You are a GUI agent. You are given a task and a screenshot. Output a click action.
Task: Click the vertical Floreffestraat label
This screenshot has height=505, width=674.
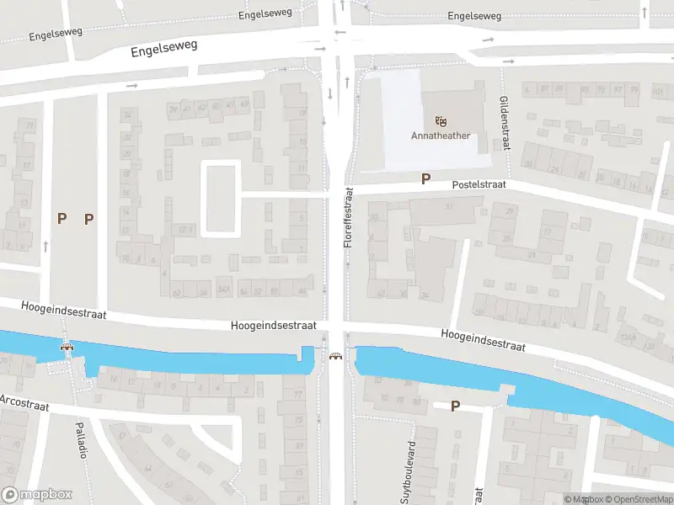point(347,217)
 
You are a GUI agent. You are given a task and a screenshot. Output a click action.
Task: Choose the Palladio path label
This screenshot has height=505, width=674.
point(83,439)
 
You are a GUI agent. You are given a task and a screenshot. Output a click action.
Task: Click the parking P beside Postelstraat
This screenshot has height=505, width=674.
point(425,178)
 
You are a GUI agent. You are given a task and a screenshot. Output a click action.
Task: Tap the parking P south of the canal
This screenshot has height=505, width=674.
point(455,406)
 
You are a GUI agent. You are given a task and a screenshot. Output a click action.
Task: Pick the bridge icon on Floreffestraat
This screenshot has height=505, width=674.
point(336,358)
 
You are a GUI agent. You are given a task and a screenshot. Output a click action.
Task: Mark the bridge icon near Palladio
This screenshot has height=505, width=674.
point(66,347)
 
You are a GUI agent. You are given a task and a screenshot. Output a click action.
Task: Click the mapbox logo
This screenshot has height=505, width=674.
point(38,495)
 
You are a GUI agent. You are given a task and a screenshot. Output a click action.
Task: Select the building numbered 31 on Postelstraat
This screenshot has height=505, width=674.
point(448,207)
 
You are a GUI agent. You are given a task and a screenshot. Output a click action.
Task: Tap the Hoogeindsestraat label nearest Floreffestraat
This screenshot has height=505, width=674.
point(274,325)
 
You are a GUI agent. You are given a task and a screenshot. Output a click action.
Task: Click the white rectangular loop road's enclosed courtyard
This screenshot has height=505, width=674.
point(221,199)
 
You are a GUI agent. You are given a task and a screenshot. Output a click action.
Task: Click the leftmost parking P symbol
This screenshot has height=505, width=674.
point(62,218)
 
